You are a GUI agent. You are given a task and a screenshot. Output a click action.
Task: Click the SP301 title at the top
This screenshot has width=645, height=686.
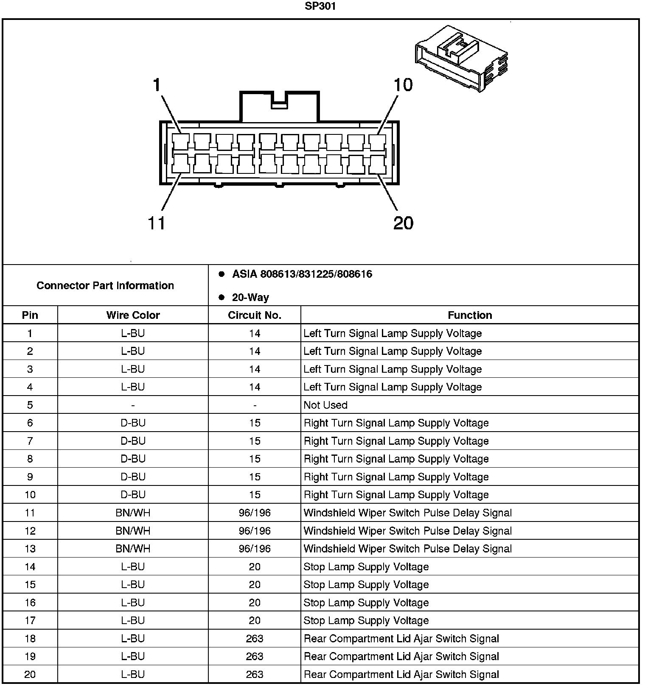click(x=320, y=6)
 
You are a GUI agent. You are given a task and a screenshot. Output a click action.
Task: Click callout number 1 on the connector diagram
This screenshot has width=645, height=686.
click(x=157, y=85)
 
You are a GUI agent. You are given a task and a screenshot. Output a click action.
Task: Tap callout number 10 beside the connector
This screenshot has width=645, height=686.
click(x=403, y=85)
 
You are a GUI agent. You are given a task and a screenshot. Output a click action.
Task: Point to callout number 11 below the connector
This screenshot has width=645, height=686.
click(x=156, y=223)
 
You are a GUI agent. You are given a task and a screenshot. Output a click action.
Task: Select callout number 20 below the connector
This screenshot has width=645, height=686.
click(x=403, y=223)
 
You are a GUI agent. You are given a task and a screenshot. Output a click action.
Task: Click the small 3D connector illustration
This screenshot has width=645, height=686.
click(x=461, y=59)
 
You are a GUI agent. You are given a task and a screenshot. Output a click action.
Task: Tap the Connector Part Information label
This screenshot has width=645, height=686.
click(x=105, y=285)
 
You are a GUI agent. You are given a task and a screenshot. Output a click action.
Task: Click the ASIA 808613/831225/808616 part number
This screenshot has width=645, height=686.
click(x=302, y=274)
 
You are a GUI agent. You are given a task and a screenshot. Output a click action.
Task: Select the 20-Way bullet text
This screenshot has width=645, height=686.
click(x=250, y=298)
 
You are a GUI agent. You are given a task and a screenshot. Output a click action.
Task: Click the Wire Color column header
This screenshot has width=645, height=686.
click(x=133, y=315)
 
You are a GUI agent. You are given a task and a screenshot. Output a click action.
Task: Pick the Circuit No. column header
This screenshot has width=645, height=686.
click(x=255, y=315)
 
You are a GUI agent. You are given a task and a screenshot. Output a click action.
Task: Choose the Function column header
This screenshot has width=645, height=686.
click(x=470, y=315)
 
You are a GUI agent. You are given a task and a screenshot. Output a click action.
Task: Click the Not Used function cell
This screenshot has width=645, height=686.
click(x=325, y=405)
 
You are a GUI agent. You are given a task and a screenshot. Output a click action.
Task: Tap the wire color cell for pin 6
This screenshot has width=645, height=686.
click(x=133, y=423)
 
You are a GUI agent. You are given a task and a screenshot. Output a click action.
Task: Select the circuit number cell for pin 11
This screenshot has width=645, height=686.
click(x=255, y=513)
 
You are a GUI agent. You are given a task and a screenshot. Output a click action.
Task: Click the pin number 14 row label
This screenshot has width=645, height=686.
click(x=30, y=567)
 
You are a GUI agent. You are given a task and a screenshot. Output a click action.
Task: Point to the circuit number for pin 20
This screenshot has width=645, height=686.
click(x=255, y=674)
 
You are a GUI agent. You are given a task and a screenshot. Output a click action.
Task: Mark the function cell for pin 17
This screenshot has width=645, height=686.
click(x=366, y=621)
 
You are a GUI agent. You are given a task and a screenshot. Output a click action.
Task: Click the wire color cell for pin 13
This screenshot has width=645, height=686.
click(x=133, y=549)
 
